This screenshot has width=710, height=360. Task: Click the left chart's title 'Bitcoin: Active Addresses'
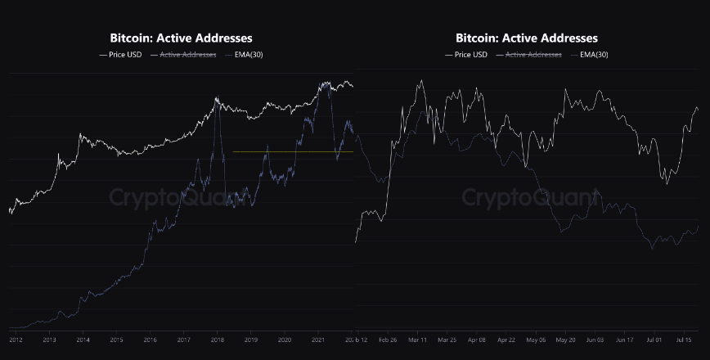[181, 38]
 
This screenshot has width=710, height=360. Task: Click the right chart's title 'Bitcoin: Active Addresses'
[527, 38]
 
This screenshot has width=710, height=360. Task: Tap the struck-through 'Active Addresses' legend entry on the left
[187, 55]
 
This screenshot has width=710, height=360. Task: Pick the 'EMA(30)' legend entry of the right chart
[594, 55]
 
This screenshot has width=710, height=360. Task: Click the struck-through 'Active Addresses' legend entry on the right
[533, 55]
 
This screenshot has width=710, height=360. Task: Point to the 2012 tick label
[16, 339]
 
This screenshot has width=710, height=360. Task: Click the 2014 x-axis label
[83, 339]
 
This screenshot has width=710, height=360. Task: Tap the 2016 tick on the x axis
[150, 339]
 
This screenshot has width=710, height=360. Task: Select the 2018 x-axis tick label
[218, 339]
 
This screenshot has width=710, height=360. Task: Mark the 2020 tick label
[285, 339]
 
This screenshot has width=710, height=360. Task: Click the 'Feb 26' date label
[388, 339]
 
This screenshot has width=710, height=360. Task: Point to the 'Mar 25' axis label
[447, 339]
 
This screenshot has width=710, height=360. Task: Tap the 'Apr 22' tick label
[506, 339]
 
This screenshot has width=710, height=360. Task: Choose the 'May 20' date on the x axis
[565, 339]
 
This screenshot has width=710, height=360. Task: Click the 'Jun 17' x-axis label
[624, 339]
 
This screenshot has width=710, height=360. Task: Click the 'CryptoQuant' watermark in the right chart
[520, 197]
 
